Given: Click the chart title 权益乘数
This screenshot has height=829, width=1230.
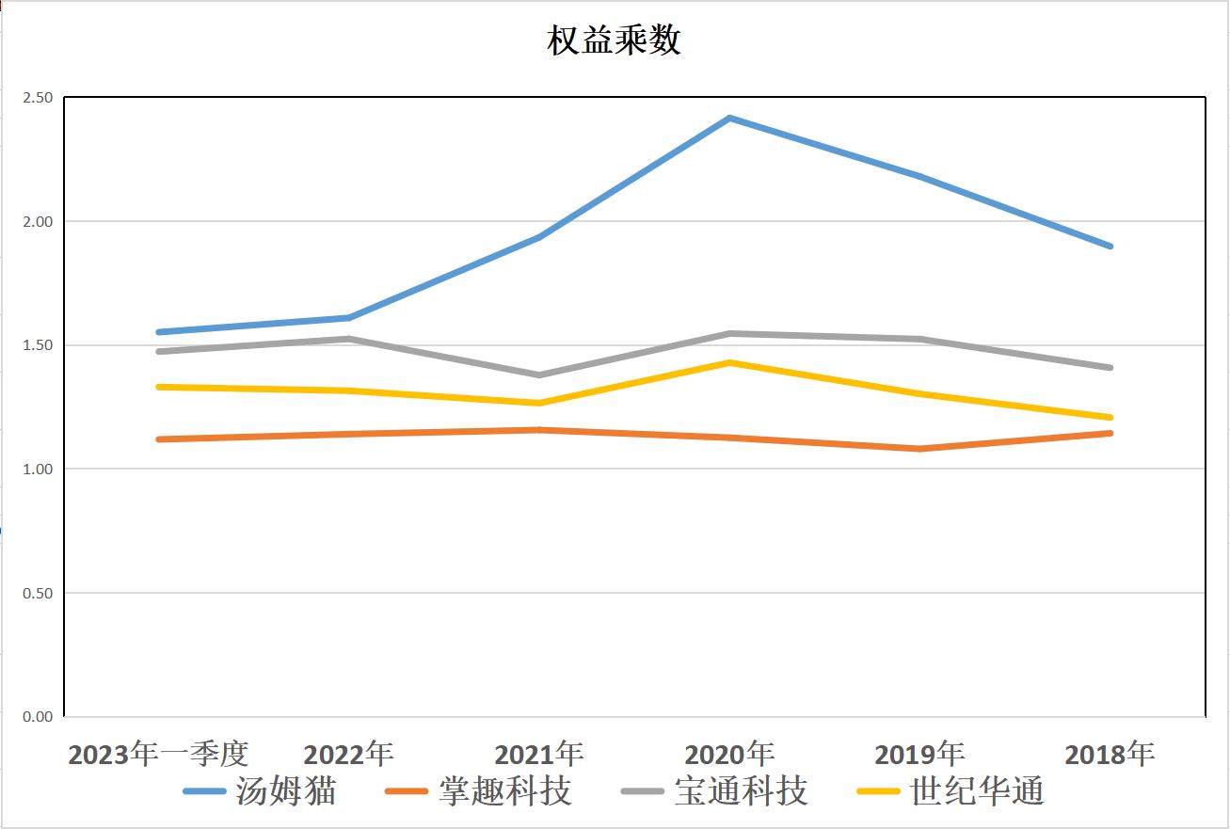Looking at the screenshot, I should click(614, 41).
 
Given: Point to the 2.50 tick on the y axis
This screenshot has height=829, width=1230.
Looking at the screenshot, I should click(39, 98).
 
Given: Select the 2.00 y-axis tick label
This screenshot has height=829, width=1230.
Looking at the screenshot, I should click(39, 221).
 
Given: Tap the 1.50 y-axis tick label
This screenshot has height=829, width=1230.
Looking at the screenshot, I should click(39, 345).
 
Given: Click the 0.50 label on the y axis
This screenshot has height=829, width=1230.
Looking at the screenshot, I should click(39, 593).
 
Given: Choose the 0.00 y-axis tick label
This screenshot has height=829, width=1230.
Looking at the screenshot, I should click(39, 717).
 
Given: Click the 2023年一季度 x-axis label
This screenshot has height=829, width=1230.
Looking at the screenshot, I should click(158, 754).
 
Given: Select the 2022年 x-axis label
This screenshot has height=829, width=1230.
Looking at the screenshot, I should click(348, 754).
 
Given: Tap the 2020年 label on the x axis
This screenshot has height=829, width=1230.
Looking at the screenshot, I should click(729, 754).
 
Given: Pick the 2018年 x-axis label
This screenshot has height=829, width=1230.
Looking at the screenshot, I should click(1110, 754).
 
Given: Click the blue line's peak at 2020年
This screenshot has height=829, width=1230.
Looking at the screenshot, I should click(729, 118).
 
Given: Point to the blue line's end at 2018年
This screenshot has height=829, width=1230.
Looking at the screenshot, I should click(1110, 247).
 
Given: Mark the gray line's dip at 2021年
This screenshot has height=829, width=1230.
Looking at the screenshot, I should click(539, 375).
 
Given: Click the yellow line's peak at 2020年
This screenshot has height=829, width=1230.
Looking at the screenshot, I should click(729, 362).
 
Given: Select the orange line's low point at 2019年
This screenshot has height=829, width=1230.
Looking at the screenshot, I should click(919, 449).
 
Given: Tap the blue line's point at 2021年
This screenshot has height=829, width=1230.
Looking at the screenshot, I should click(539, 237).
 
